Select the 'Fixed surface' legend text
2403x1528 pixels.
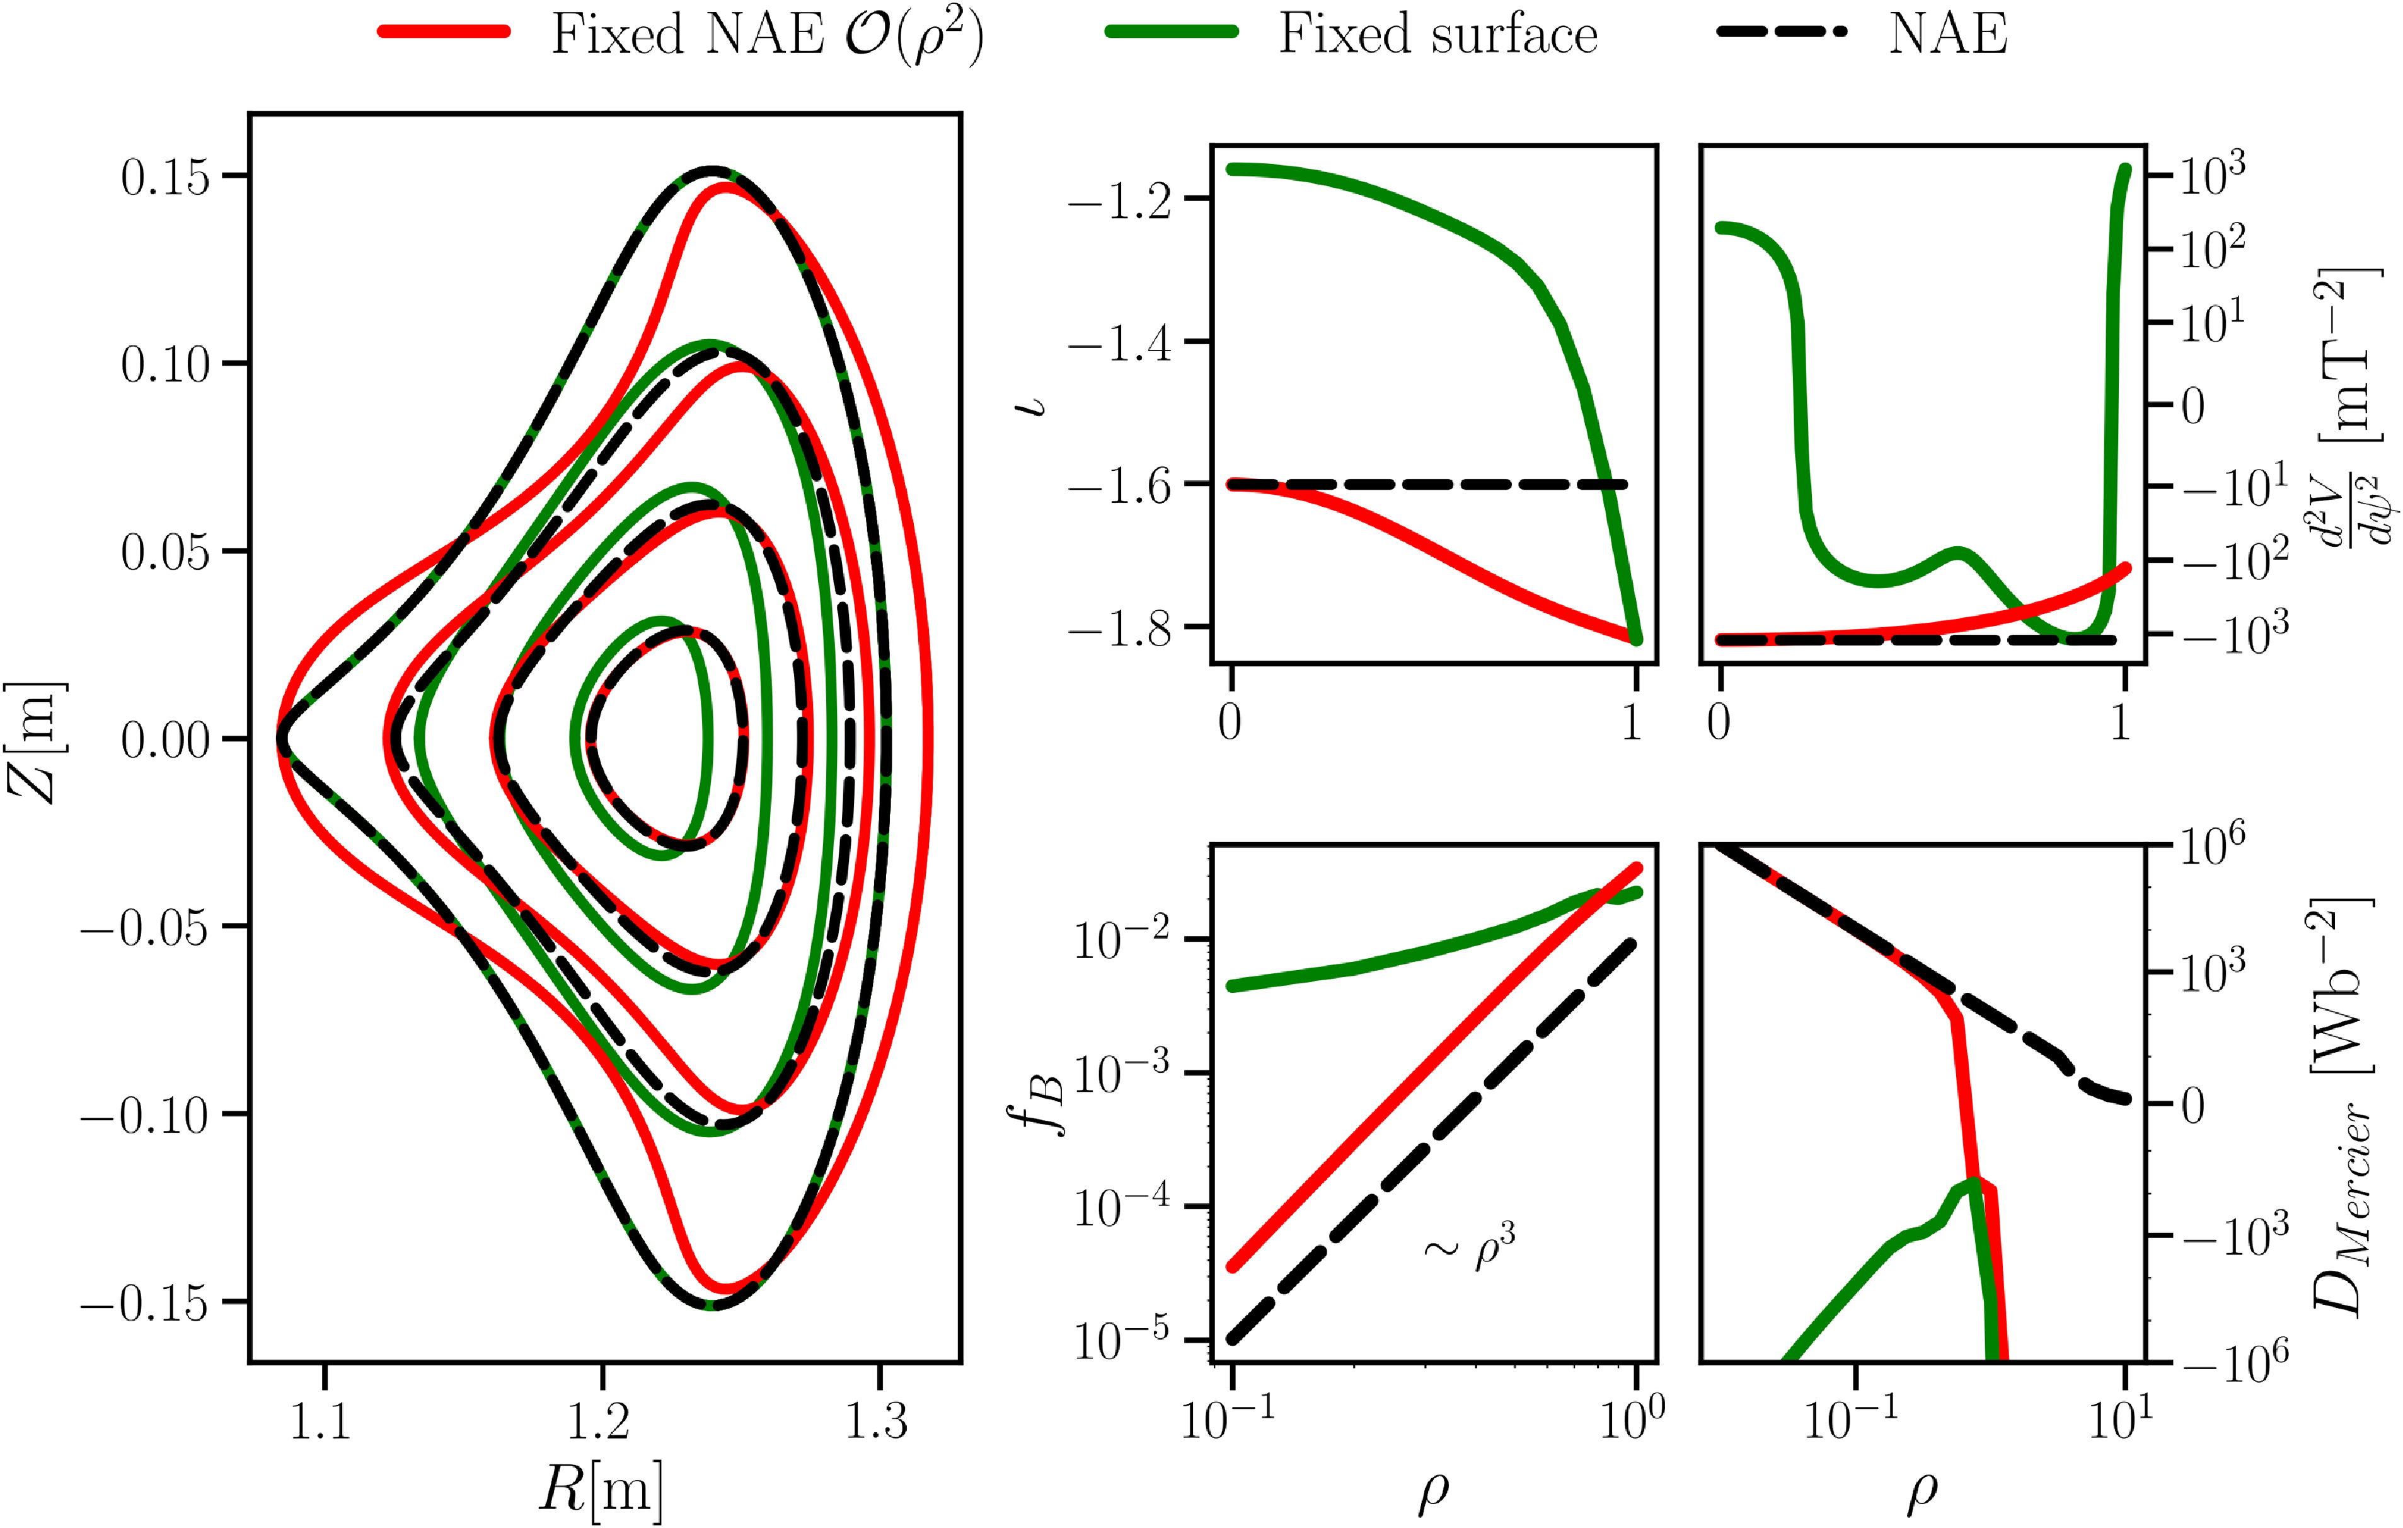pos(1438,34)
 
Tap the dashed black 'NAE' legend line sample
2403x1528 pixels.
pos(1781,32)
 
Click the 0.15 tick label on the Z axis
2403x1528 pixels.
pos(166,177)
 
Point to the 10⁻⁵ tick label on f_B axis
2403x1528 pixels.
pos(1122,1340)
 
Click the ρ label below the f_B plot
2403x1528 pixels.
pos(1433,1491)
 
